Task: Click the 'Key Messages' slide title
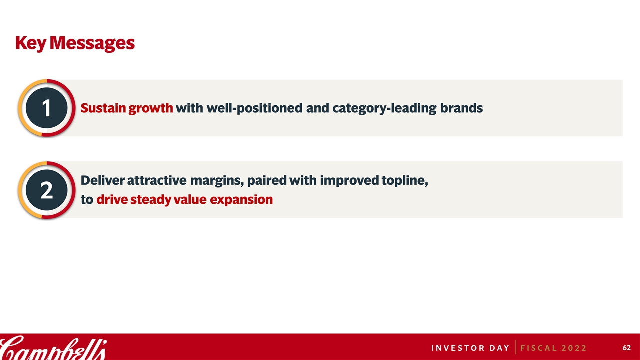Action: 75,43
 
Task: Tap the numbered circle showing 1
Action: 47,108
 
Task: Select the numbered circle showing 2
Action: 47,190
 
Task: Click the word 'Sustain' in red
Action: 103,108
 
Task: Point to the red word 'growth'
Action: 151,109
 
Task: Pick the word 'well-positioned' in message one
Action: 254,109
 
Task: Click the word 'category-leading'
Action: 384,109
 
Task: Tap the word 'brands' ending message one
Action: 461,108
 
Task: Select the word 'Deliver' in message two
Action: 103,180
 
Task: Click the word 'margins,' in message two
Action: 217,181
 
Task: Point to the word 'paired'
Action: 267,181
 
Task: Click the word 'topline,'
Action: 405,181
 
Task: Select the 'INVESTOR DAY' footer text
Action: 470,348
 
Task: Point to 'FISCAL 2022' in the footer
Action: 553,348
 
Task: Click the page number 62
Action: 627,348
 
